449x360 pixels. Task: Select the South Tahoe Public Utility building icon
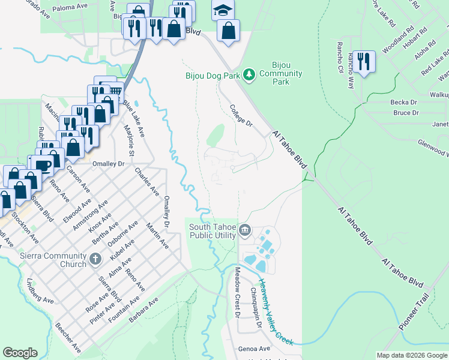pyautogui.click(x=245, y=230)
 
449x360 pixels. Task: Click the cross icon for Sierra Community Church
pyautogui.click(x=95, y=260)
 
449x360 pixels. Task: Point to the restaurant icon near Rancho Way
pyautogui.click(x=364, y=62)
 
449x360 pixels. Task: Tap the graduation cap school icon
pyautogui.click(x=223, y=10)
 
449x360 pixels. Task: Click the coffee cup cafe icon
pyautogui.click(x=43, y=165)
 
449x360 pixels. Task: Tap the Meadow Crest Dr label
pyautogui.click(x=237, y=292)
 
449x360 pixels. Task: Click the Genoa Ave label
pyautogui.click(x=255, y=349)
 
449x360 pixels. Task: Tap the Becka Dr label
pyautogui.click(x=404, y=103)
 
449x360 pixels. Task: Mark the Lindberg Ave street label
pyautogui.click(x=40, y=291)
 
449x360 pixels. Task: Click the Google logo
pyautogui.click(x=20, y=353)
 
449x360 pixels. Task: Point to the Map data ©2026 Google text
pyautogui.click(x=411, y=355)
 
